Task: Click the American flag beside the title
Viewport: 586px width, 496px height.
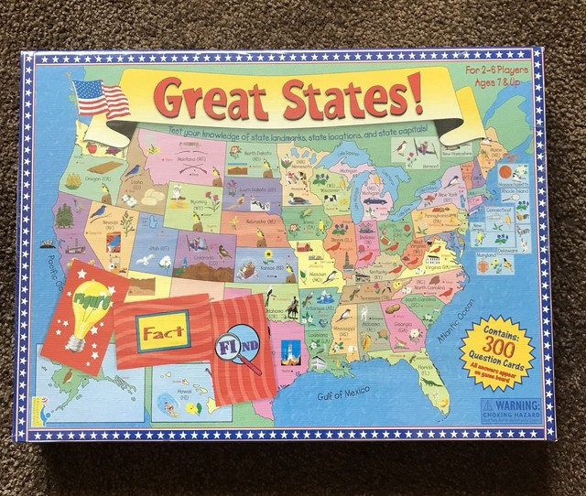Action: [x=103, y=97]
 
